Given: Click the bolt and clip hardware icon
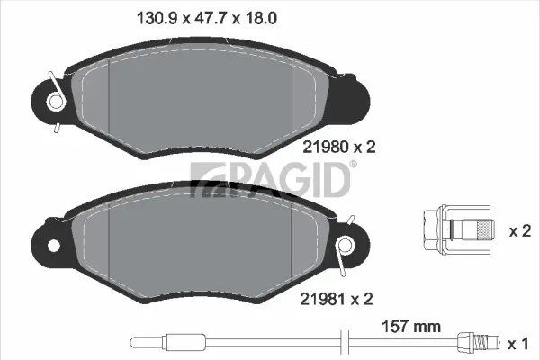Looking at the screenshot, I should coord(455,230).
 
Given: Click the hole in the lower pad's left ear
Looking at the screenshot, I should coord(52,246).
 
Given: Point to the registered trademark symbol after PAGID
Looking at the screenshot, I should coord(353,164).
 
